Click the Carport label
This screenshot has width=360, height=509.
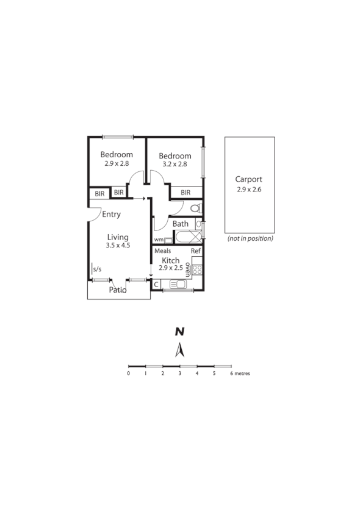click(249, 179)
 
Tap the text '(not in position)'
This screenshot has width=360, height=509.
click(250, 238)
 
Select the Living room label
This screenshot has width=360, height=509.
click(118, 237)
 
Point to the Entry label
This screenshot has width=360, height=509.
click(111, 215)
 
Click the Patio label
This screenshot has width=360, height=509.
click(118, 290)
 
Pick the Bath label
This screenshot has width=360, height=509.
click(181, 224)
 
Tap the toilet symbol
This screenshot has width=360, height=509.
click(195, 208)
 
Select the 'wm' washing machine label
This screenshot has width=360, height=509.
click(158, 240)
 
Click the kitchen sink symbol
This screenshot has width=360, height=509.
click(179, 284)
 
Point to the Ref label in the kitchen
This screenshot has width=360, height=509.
click(195, 251)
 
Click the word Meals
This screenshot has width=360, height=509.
click(162, 251)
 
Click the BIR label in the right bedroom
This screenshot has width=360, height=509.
click(186, 193)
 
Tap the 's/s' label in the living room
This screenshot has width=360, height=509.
click(97, 268)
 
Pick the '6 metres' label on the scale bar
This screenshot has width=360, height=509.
click(240, 373)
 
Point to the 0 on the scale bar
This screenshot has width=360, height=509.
click(129, 373)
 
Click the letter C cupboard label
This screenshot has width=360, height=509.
click(156, 284)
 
